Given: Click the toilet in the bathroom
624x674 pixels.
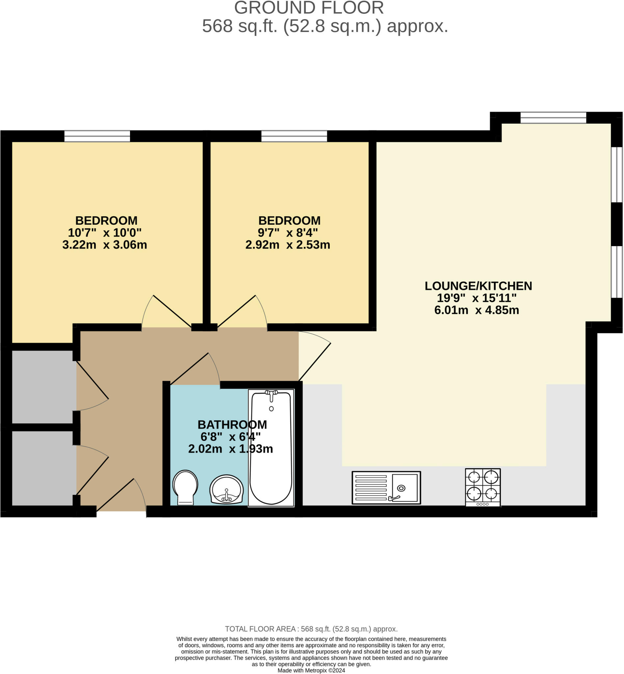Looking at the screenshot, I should pos(185,487).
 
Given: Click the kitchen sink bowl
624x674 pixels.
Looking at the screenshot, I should pos(404,488).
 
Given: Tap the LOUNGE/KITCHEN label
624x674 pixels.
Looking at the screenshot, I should pos(478,286).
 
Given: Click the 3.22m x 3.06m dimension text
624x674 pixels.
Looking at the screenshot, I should pos(105,245).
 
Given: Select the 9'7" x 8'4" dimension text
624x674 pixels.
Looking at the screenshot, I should pos(288,233).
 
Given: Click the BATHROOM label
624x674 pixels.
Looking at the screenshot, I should pos(232,425).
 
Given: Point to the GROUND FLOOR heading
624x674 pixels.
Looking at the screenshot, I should pos(309,8).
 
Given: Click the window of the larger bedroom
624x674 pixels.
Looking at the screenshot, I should pos(97,136).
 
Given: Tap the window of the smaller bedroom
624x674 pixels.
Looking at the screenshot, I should pos(294,136).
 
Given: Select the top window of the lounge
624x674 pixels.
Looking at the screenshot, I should pos(553,118).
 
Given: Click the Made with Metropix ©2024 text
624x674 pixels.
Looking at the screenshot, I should pos(311,671).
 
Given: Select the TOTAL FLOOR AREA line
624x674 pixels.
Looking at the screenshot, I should pos(311,629).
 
